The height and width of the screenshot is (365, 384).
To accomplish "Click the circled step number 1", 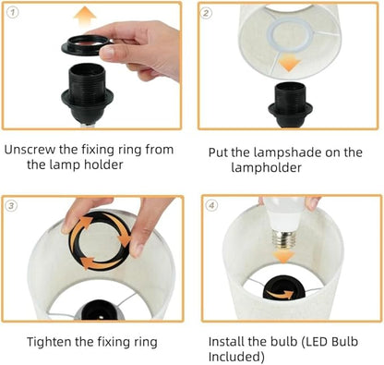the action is coord(13,13).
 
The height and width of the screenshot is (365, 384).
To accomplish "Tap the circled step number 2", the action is coord(206,13).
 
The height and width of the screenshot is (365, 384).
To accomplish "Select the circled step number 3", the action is coord(11,206).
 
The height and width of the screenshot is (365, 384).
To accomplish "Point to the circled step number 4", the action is coord(211,205).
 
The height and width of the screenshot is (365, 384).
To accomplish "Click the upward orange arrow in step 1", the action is coord(86,18).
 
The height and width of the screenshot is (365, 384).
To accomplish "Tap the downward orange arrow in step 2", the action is coord(289,64).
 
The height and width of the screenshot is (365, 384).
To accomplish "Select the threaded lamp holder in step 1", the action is coord(87,92).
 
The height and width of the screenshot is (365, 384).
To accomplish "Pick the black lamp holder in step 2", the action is coord(291,104).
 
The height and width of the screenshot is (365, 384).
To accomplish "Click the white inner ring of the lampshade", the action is coord(268,34).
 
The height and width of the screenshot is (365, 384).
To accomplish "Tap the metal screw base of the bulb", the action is coord(283,239).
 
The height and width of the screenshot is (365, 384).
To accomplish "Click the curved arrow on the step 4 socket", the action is coord(281,295).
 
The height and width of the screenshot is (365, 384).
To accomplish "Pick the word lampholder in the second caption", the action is coord(266,168).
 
